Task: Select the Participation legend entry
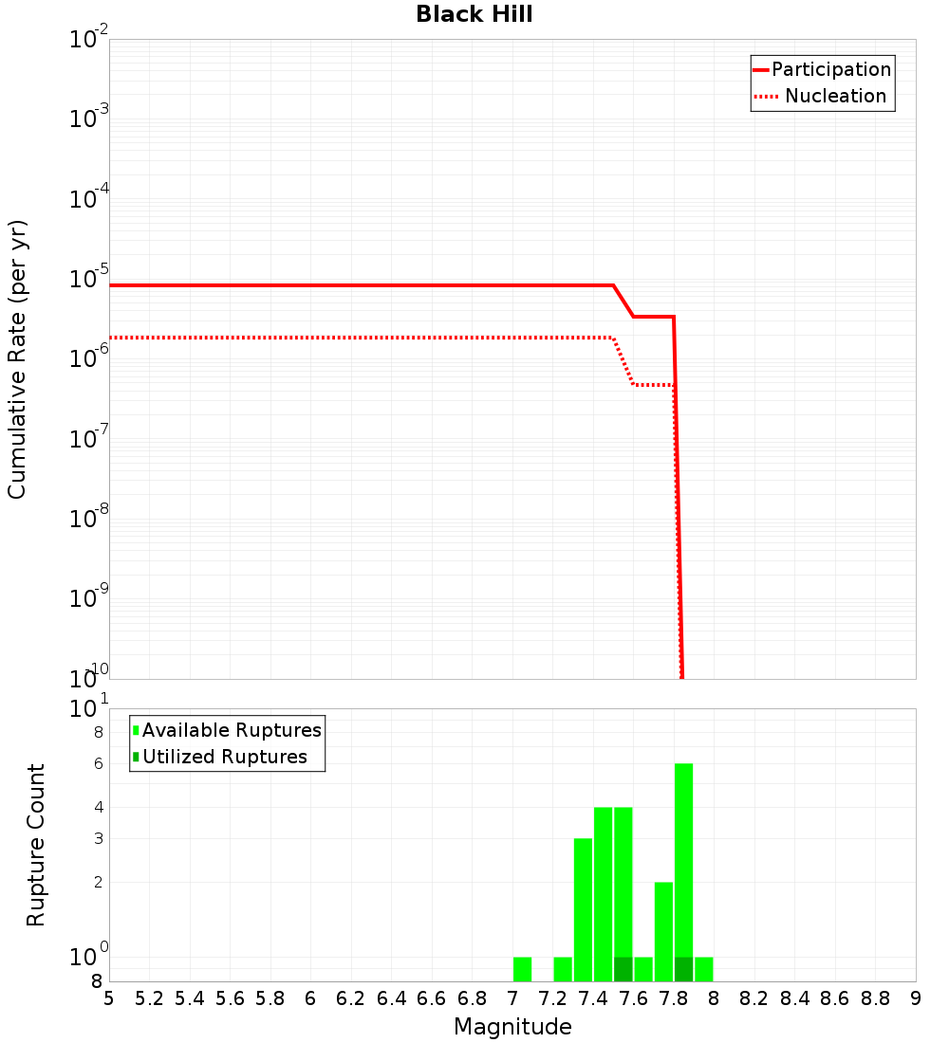[830, 69]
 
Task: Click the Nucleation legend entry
[835, 96]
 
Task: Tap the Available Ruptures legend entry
[232, 730]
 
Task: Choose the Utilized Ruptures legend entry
[224, 757]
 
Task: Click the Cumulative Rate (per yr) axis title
[17, 359]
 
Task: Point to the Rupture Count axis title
[36, 845]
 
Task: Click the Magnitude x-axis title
[512, 1027]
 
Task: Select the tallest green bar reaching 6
[683, 872]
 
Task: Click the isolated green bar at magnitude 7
[522, 969]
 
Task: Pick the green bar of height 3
[583, 910]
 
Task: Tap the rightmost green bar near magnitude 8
[703, 969]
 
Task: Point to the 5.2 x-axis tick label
[149, 998]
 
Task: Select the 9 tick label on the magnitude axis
[916, 998]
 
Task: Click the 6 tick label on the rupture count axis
[98, 763]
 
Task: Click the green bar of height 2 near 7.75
[663, 931]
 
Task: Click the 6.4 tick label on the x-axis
[391, 998]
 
